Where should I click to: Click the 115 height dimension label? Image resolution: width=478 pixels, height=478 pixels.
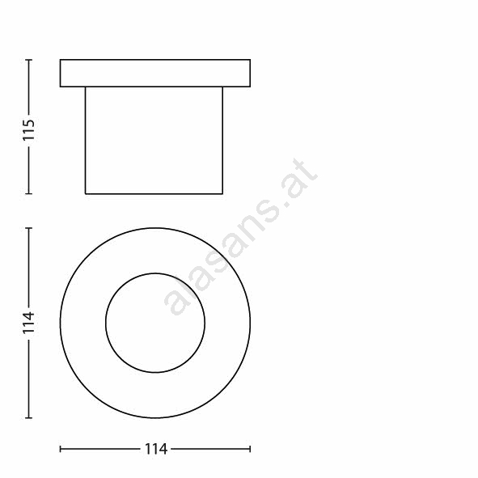point(28,130)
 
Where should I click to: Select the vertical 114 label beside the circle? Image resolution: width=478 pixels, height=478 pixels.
point(28,323)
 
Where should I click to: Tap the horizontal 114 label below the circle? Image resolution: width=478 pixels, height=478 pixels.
point(155,449)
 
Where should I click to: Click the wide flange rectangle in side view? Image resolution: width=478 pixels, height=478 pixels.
point(155,73)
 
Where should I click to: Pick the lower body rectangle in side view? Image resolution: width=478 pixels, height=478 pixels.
point(154,140)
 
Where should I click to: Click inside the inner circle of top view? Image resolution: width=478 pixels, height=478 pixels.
point(155,323)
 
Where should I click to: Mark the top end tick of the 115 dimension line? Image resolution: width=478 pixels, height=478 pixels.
point(28,59)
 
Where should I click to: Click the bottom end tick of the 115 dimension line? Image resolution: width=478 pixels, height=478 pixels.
point(28,193)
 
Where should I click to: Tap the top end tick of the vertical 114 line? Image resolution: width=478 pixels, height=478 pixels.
point(28,228)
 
